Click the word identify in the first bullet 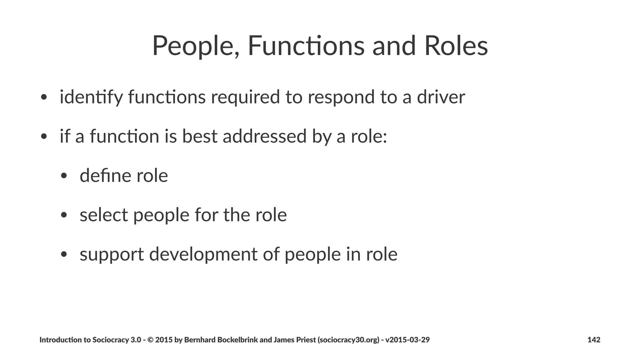[x=91, y=97]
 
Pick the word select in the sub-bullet [x=104, y=215]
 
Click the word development [x=203, y=254]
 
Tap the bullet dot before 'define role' [x=64, y=176]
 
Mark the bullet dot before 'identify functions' [x=44, y=97]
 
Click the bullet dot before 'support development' [x=64, y=254]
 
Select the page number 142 [x=594, y=340]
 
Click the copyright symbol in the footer [x=150, y=340]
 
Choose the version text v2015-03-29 [x=407, y=340]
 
